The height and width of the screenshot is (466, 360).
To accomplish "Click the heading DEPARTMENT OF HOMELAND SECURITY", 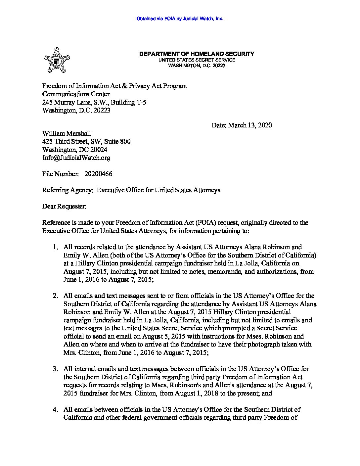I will (197, 54).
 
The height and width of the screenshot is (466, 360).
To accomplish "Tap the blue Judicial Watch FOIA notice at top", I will (180, 19).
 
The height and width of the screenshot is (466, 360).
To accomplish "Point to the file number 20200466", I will (99, 174).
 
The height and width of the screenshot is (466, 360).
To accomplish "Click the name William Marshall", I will (67, 133).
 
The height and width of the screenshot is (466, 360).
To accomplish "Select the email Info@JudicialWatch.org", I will (76, 158).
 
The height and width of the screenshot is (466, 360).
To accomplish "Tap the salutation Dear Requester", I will (64, 207).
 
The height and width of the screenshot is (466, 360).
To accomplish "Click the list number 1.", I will (56, 247).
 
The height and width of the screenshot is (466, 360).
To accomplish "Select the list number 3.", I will (56, 369).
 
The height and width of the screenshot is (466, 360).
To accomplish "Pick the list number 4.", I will (56, 410).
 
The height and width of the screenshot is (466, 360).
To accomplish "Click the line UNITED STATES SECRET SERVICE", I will (197, 60).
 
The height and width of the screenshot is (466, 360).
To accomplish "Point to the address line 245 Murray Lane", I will (94, 102).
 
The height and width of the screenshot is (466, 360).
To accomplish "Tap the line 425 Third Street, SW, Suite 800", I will (86, 141).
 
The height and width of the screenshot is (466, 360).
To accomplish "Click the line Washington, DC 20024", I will (74, 150).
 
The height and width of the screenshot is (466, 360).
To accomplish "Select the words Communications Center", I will (76, 94).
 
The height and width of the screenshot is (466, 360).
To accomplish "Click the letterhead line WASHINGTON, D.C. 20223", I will (197, 66).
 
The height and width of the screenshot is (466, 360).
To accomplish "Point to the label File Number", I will (60, 174).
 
